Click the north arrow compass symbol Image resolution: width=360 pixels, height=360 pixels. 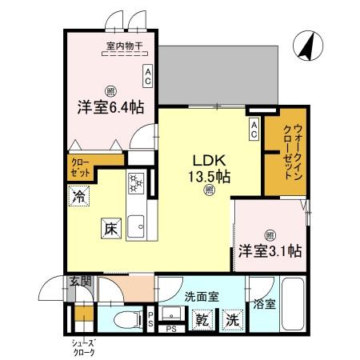305,46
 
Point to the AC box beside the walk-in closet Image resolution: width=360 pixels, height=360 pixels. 254,128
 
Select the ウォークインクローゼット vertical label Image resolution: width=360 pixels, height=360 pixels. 286,154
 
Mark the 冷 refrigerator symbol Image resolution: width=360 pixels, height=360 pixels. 78,195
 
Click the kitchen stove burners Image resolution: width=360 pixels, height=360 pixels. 135,183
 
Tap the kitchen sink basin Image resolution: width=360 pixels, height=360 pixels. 135,223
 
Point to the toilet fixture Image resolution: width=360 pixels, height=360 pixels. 126,320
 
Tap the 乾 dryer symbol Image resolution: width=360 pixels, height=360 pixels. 205,319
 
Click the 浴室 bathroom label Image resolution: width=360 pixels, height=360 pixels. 264,304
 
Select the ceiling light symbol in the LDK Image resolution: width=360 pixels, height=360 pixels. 208,190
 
